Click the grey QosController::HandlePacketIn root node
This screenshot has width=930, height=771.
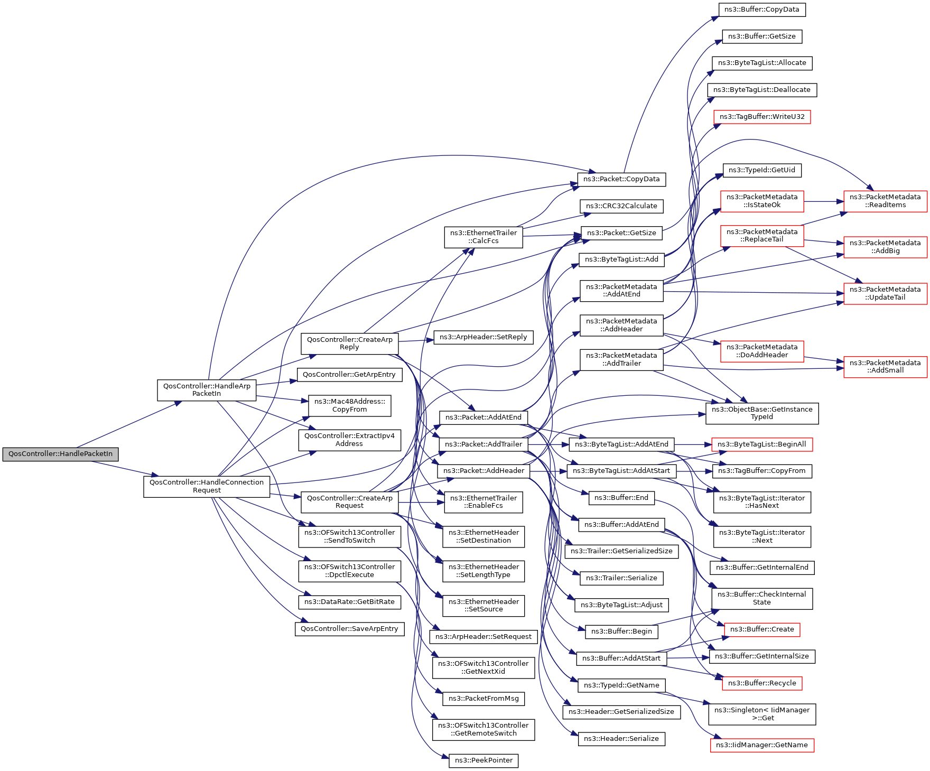pos(60,454)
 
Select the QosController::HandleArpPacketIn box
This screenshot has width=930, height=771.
pos(207,390)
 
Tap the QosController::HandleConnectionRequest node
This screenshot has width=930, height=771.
pos(207,486)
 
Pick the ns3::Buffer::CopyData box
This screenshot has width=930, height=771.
pos(762,10)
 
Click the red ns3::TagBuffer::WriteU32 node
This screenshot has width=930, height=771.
pos(761,117)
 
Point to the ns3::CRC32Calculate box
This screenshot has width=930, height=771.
pos(621,206)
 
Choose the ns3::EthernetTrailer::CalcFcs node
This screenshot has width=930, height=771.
pos(483,237)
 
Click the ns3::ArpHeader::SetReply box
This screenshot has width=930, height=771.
pos(483,337)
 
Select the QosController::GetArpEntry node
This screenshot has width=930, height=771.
pos(349,375)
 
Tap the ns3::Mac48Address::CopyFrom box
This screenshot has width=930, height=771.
pos(349,405)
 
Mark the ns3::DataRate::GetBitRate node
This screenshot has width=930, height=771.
pos(349,602)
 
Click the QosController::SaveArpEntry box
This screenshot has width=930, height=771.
pos(349,629)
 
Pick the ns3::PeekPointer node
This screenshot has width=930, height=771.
pos(483,760)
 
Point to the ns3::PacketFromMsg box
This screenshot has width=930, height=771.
pos(483,699)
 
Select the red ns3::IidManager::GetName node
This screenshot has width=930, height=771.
pos(761,745)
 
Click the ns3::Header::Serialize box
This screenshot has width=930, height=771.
pos(621,739)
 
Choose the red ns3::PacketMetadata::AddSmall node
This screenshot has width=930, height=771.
pos(885,367)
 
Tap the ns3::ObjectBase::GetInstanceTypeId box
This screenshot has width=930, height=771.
pos(762,413)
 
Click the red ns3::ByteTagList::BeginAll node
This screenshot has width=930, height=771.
pos(761,444)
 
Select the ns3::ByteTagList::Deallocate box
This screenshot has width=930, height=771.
pos(761,90)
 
